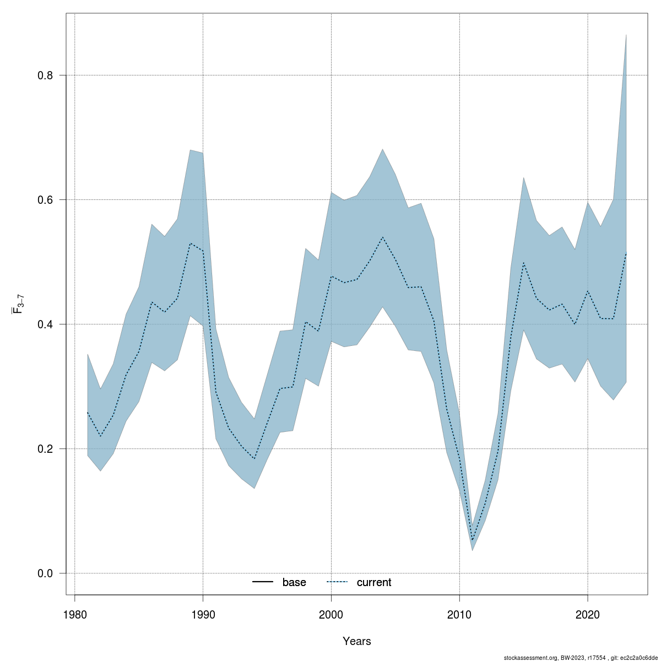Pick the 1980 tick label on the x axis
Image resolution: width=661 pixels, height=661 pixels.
click(74, 614)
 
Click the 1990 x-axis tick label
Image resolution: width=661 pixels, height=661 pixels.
click(203, 614)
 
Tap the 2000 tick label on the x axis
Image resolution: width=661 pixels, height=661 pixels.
click(331, 614)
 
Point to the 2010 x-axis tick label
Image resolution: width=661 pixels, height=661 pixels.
click(459, 614)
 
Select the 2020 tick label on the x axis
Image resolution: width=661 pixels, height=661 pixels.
click(588, 614)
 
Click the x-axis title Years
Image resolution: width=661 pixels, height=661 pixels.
click(357, 641)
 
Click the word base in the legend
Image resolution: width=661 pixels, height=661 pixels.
click(294, 582)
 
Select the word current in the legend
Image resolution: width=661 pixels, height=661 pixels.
click(374, 582)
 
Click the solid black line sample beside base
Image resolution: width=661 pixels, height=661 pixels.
click(263, 582)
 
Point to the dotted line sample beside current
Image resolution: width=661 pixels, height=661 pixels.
click(337, 582)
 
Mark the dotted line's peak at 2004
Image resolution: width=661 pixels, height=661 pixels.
click(382, 237)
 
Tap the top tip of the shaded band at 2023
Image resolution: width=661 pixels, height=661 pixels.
click(626, 35)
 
